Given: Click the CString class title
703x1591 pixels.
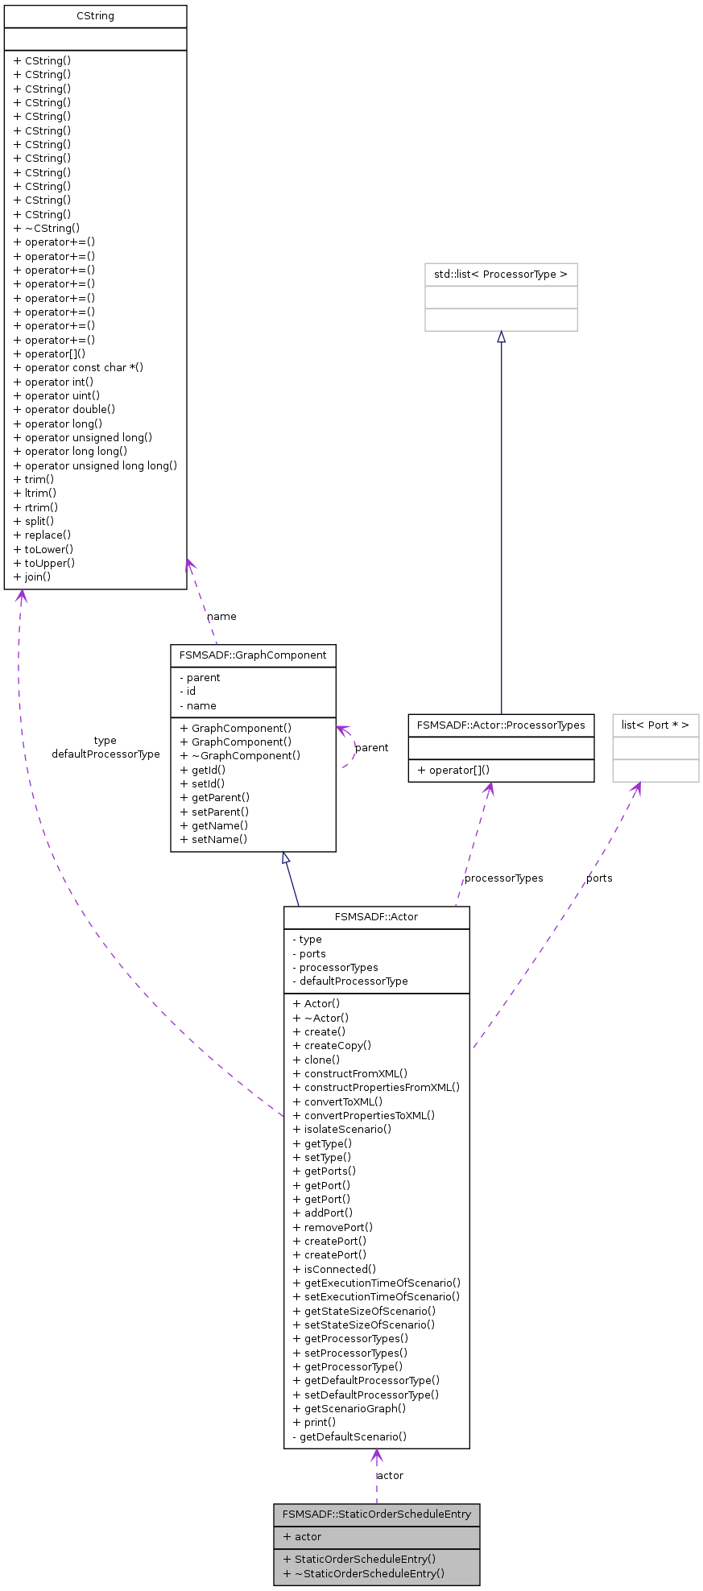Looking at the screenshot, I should (x=95, y=16).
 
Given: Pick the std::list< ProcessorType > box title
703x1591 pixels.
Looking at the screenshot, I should (x=501, y=275).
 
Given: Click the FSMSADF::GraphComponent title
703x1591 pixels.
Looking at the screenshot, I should (x=253, y=655).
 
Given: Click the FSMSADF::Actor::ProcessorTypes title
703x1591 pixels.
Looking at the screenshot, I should (x=501, y=725).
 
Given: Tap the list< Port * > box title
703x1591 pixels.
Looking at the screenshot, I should (x=655, y=725).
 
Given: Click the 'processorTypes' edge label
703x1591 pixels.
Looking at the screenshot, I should (x=504, y=878).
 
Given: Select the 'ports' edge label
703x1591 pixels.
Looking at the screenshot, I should (x=599, y=878).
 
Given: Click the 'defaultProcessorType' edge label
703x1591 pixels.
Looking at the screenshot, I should (x=105, y=754).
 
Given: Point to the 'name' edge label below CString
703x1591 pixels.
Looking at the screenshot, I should (x=221, y=617).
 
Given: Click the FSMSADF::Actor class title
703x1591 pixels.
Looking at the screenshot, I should (x=376, y=917).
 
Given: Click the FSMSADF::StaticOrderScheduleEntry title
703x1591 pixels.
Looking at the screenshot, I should (x=376, y=1515).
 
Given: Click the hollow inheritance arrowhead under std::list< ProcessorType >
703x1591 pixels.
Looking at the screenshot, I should (x=501, y=337).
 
